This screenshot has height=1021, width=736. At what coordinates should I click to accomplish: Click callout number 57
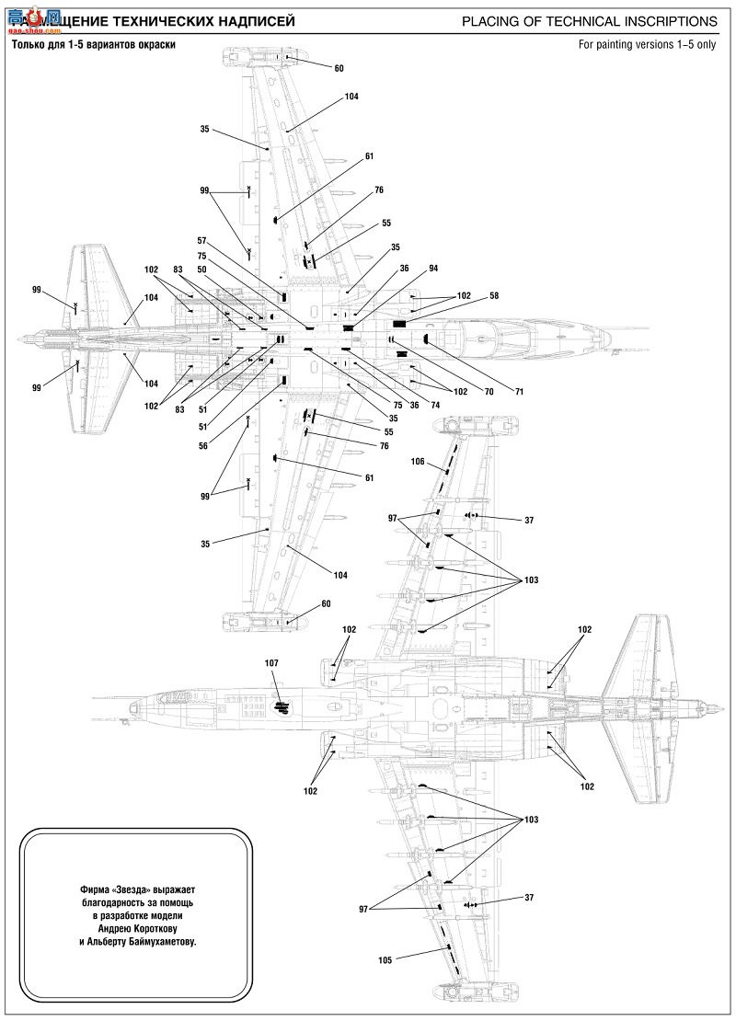201,240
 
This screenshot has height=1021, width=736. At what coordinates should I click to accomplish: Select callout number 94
433,269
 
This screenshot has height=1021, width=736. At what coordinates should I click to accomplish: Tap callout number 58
494,295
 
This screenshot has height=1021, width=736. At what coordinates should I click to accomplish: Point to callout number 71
519,392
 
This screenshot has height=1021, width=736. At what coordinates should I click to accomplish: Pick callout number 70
489,392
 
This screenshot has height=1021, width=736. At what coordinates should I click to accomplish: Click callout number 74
434,406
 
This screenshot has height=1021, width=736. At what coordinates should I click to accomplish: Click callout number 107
272,662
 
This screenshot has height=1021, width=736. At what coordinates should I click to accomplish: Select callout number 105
385,959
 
